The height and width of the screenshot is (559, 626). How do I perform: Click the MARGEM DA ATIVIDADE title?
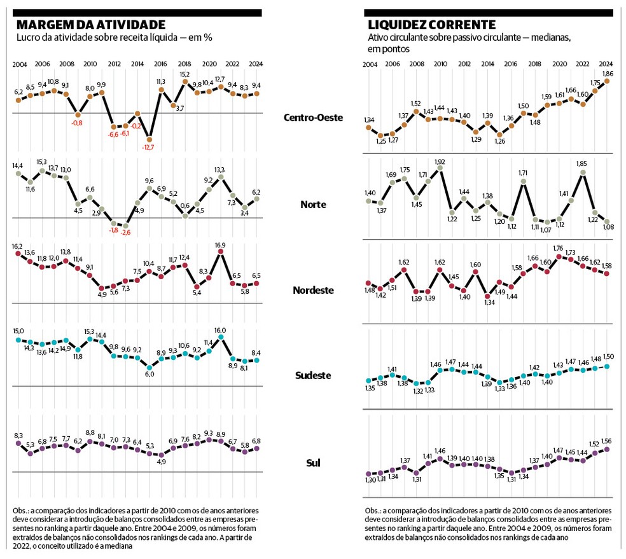tap(90, 25)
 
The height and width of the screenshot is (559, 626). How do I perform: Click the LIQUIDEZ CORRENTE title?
tap(432, 25)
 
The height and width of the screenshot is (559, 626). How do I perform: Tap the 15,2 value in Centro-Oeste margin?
tap(184, 74)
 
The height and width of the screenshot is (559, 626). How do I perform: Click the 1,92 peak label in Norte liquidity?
tap(439, 162)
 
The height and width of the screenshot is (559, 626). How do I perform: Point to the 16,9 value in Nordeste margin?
tap(221, 245)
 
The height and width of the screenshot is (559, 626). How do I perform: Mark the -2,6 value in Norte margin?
tap(127, 233)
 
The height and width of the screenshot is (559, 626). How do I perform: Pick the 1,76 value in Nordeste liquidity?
tap(559, 249)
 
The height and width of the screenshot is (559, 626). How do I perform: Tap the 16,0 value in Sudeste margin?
tap(221, 331)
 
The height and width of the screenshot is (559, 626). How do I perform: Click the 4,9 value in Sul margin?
tap(161, 462)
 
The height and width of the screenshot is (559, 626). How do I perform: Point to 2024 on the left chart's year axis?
tap(257, 64)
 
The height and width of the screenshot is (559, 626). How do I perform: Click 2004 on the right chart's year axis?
tap(370, 64)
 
